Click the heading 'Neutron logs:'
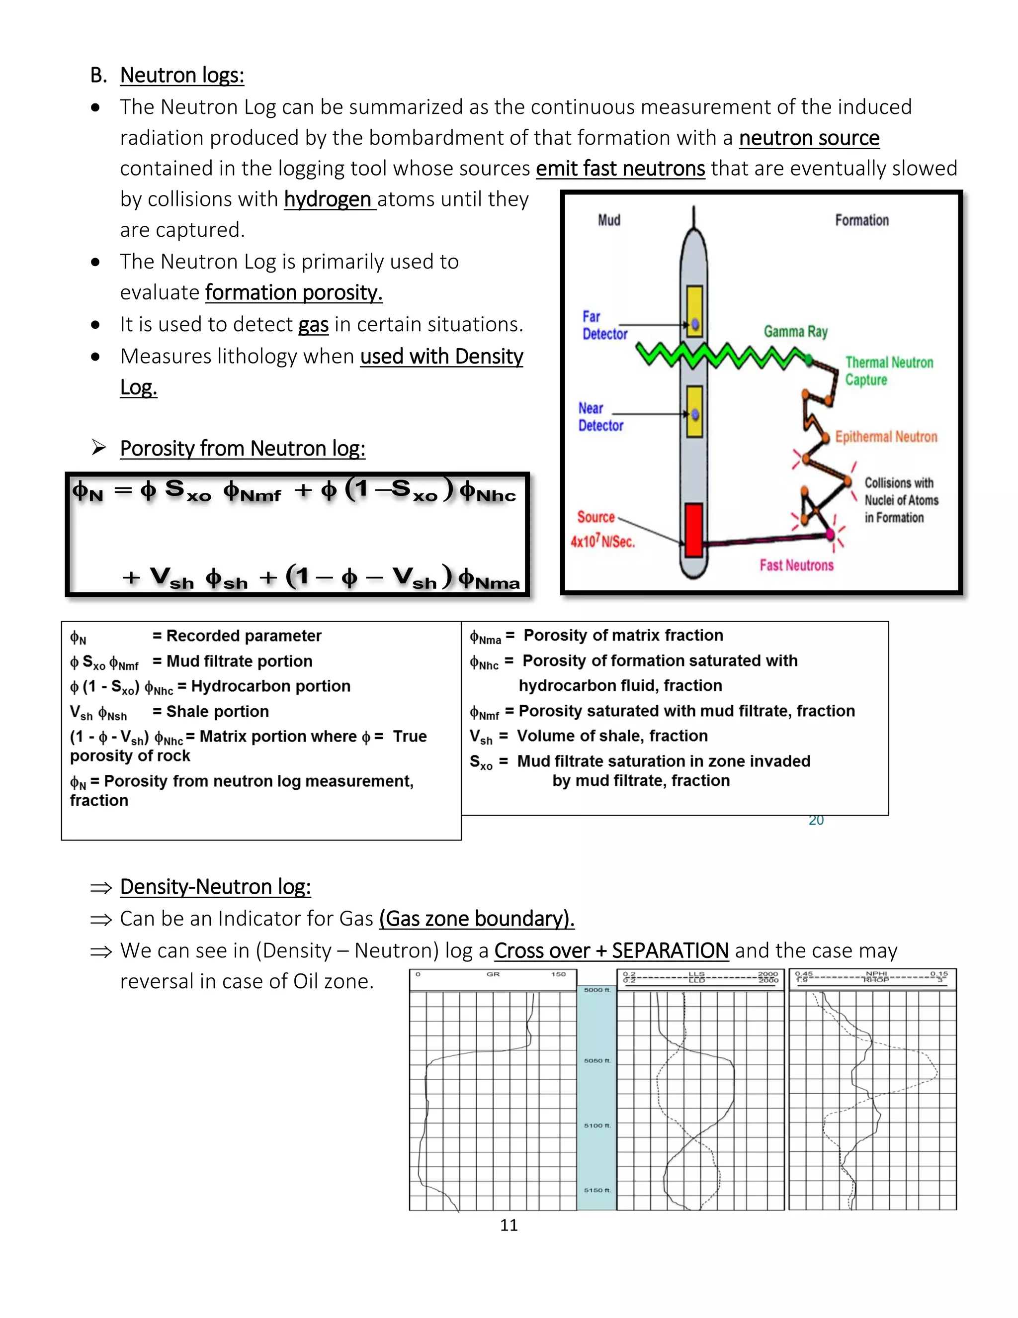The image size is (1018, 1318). point(181,76)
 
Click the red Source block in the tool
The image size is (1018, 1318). point(693,529)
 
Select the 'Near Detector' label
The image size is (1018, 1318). point(600,417)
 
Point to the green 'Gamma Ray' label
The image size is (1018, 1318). point(795,331)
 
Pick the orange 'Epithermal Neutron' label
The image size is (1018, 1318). point(885,436)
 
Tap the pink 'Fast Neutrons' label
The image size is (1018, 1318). point(796,565)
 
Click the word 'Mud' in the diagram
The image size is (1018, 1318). point(608,220)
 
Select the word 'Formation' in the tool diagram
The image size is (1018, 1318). point(861,220)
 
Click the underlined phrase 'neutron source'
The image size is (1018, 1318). point(809,138)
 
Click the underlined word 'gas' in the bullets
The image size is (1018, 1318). point(313,325)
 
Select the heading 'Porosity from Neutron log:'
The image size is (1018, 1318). point(243,449)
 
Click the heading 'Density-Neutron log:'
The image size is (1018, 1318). point(215,886)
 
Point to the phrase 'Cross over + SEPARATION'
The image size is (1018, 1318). point(611,950)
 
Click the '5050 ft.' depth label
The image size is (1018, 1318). point(597,1060)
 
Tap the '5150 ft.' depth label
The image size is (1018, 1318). point(597,1190)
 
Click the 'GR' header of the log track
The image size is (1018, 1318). point(493,974)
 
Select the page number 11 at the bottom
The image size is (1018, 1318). point(509,1225)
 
